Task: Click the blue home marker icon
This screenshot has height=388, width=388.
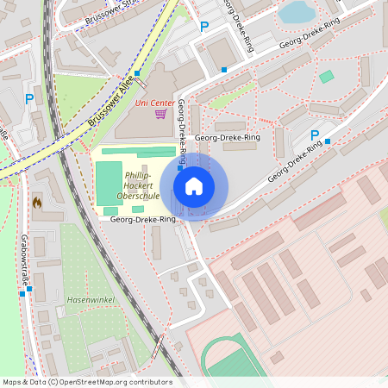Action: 194,186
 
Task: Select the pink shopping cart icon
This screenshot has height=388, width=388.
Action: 160,113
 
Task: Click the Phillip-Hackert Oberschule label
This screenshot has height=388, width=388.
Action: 135,185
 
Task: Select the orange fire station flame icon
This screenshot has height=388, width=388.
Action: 36,202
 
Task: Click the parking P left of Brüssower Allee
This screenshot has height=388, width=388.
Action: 29,99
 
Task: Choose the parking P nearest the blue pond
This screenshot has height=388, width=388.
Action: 204,27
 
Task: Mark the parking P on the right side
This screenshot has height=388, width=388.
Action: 315,135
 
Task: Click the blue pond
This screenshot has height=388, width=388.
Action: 297,11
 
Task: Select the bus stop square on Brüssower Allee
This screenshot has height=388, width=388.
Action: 137,73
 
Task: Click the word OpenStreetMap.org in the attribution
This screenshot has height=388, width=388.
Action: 95,382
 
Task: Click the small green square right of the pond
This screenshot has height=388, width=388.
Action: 326,77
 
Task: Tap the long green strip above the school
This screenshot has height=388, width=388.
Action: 138,152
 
